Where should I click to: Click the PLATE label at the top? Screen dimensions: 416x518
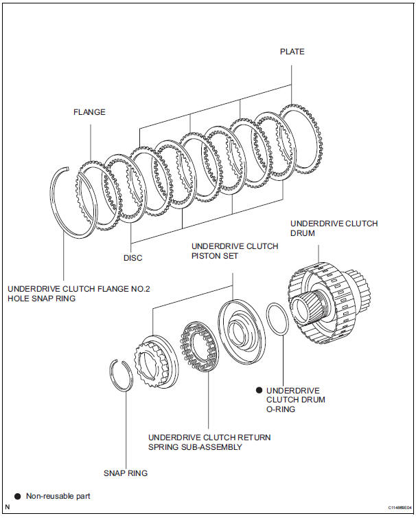[x=292, y=52]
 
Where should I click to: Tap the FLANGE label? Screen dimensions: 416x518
[x=89, y=112]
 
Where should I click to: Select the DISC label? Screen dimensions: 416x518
[x=133, y=258]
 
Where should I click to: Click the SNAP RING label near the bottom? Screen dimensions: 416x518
[x=126, y=473]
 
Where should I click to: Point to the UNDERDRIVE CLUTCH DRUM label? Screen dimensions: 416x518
[x=334, y=228]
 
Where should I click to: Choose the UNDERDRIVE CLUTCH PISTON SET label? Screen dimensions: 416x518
[x=235, y=251]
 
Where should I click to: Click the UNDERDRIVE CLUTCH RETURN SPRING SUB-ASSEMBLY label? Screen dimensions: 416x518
[x=209, y=442]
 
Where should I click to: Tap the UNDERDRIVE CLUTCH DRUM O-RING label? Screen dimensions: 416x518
[x=296, y=400]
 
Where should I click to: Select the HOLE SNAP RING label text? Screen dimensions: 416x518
[x=42, y=299]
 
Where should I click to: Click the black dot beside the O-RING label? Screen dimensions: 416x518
[x=259, y=390]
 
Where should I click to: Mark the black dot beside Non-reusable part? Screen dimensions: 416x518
[x=17, y=497]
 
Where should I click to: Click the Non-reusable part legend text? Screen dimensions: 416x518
[x=58, y=496]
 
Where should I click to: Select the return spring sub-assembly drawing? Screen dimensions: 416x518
[x=199, y=346]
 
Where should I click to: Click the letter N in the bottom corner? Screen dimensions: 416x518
[x=8, y=507]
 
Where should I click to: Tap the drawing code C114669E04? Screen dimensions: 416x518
[x=400, y=508]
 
